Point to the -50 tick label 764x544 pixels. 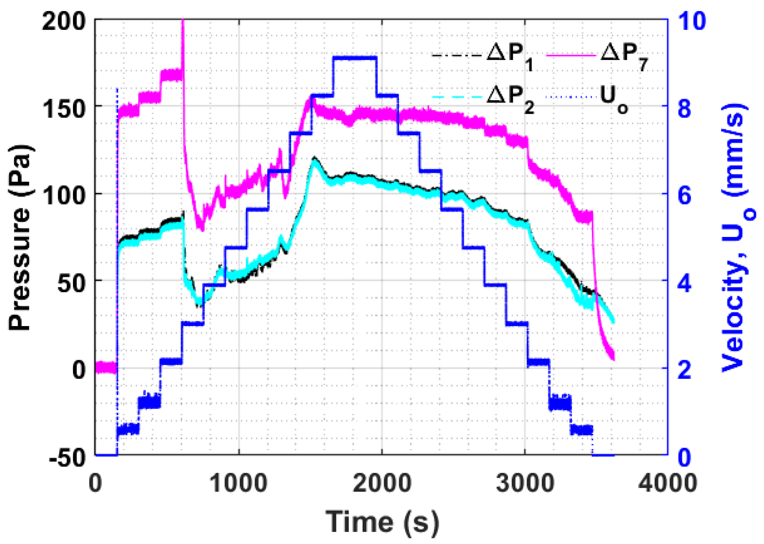[66, 457]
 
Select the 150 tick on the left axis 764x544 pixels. [63, 109]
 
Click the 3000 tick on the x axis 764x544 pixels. [525, 483]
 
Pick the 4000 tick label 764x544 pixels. [667, 483]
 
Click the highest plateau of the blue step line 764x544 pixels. [355, 58]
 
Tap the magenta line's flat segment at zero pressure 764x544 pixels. [106, 367]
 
